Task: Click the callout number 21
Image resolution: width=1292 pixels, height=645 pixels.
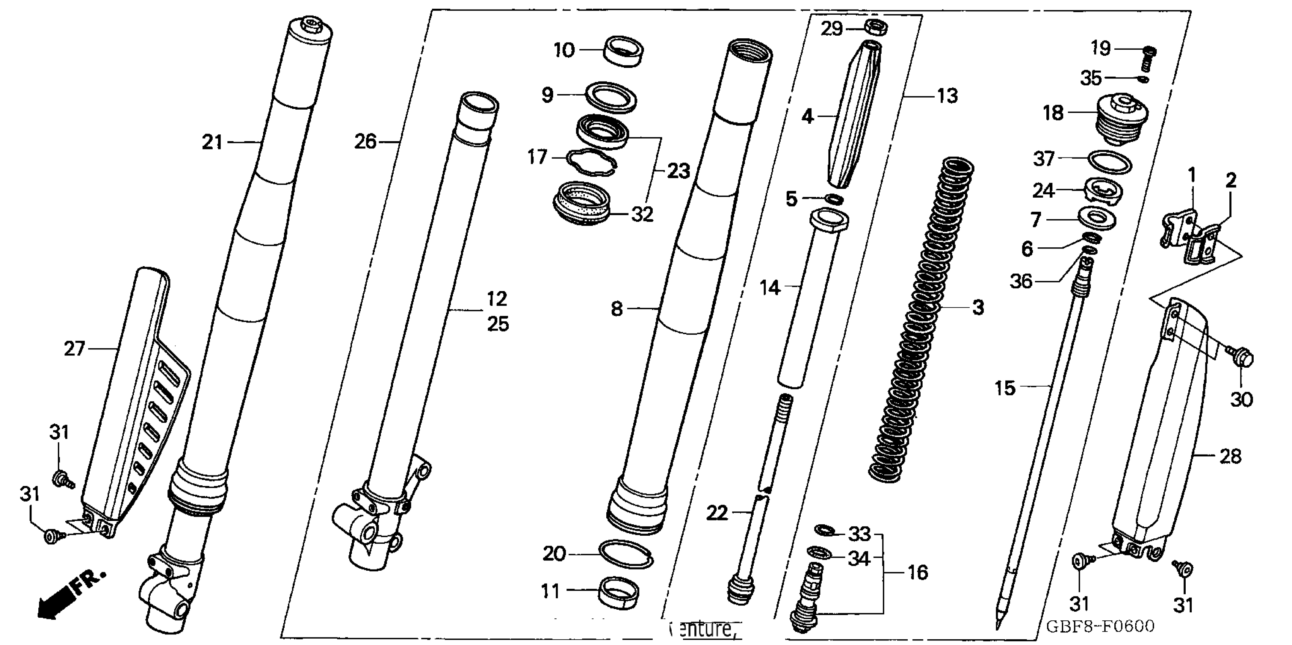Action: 211,143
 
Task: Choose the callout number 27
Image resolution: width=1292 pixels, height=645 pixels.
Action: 74,348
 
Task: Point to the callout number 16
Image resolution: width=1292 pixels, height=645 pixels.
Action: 918,572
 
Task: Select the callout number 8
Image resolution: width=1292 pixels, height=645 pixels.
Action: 617,309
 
